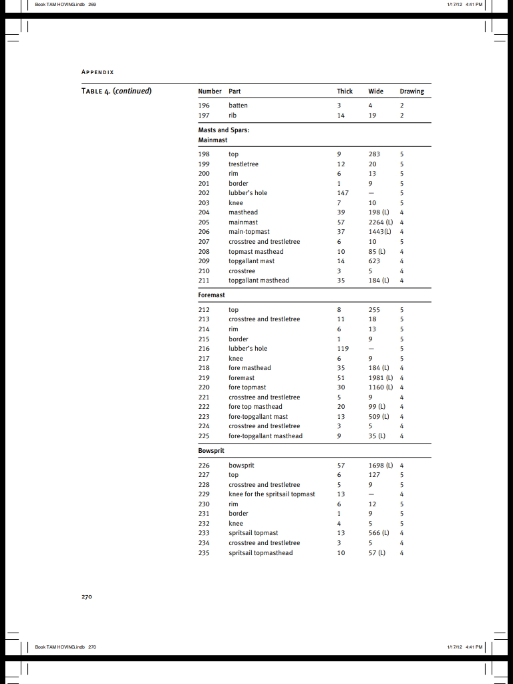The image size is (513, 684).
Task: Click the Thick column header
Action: (345, 91)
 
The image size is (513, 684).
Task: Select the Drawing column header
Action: (411, 91)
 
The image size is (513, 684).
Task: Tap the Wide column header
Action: (375, 91)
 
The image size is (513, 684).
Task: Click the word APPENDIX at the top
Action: (98, 72)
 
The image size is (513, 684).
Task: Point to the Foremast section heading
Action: (212, 295)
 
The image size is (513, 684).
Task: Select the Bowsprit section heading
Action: (211, 450)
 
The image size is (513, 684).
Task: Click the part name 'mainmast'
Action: (243, 222)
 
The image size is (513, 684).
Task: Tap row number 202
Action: (204, 192)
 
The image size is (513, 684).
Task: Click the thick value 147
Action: (343, 192)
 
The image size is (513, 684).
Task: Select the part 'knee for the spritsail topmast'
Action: (272, 494)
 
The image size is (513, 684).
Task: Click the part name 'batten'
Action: (238, 106)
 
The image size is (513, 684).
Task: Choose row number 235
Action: (204, 552)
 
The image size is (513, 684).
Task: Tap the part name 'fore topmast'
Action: (247, 387)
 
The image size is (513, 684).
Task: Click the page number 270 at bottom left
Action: (87, 596)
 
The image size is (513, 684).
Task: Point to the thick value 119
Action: (343, 348)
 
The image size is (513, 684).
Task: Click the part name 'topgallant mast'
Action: (251, 261)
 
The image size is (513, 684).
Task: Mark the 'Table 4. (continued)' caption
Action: (116, 91)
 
